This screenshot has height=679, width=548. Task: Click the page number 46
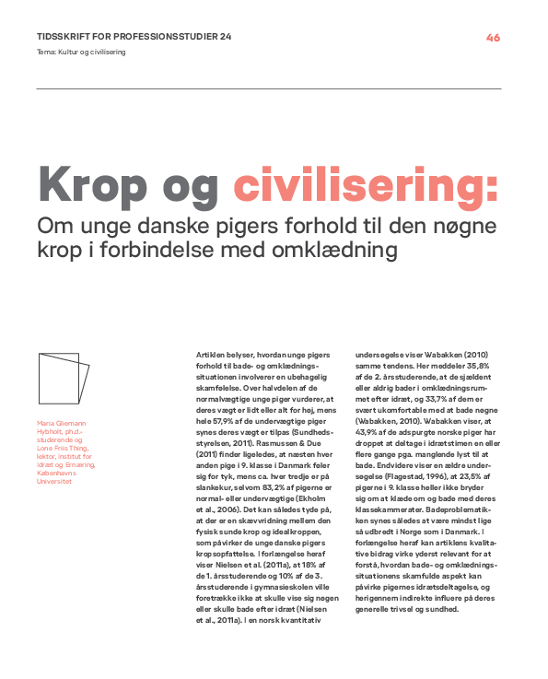tap(493, 38)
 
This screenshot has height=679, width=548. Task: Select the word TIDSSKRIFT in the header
tap(64, 38)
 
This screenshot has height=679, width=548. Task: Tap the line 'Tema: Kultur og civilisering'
tap(81, 52)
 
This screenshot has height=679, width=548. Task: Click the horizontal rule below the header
tap(269, 88)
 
